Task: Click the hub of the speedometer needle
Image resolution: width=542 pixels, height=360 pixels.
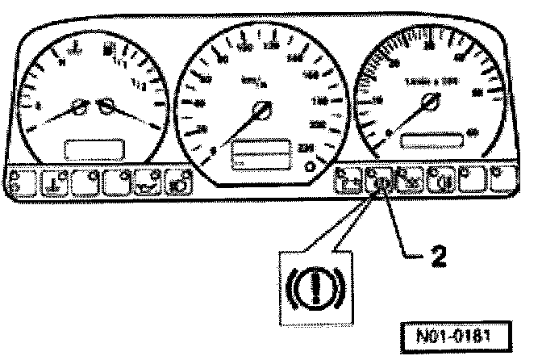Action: coord(261,111)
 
